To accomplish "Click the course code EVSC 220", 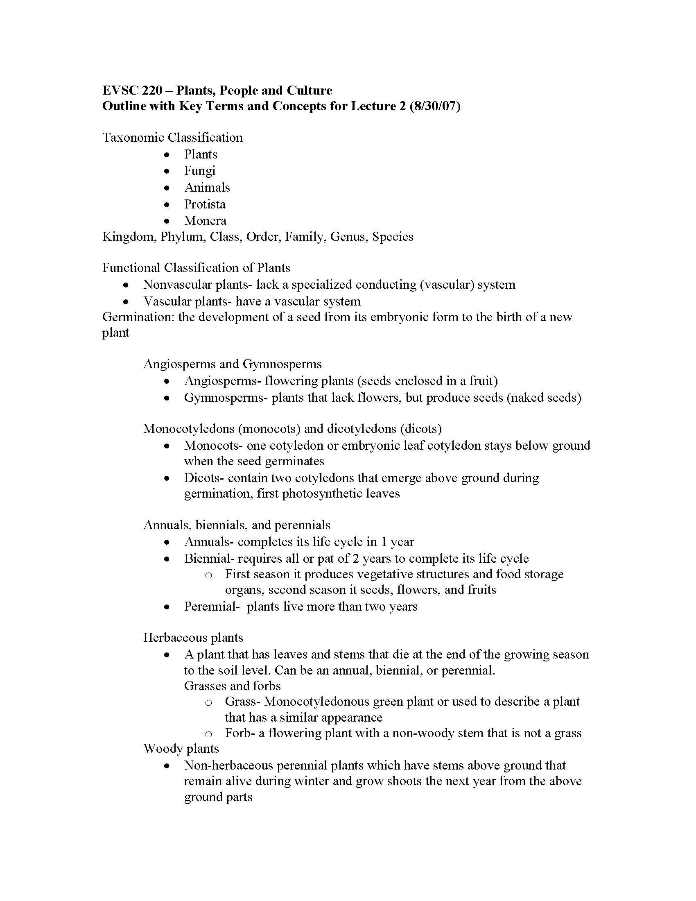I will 132,91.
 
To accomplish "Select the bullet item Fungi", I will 199,170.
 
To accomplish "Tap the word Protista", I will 205,204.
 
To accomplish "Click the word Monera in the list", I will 205,220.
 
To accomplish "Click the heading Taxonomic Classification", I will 172,137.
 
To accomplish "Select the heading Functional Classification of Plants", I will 196,268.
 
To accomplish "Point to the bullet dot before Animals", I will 167,188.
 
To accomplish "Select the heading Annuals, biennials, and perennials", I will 237,525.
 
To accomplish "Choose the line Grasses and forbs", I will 232,686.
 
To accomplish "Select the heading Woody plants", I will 181,748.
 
